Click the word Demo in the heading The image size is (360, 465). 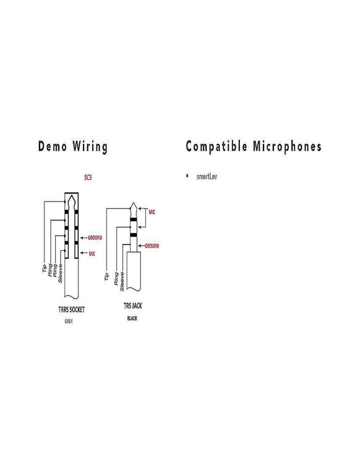pyautogui.click(x=52, y=146)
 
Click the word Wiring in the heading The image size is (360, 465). pyautogui.click(x=90, y=146)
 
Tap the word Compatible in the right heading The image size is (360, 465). pyautogui.click(x=216, y=146)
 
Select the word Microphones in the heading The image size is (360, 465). pyautogui.click(x=287, y=146)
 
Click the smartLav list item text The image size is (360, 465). pyautogui.click(x=207, y=177)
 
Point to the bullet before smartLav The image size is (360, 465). pyautogui.click(x=187, y=176)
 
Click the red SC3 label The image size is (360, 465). pyautogui.click(x=88, y=178)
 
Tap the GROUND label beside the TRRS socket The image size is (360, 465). pyautogui.click(x=95, y=238)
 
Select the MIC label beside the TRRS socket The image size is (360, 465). pyautogui.click(x=92, y=253)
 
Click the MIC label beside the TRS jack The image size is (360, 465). pyautogui.click(x=152, y=212)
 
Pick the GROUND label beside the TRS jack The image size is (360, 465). pyautogui.click(x=152, y=246)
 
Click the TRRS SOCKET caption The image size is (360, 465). pyautogui.click(x=71, y=309)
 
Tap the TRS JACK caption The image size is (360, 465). pyautogui.click(x=133, y=306)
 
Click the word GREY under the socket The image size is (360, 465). pyautogui.click(x=69, y=321)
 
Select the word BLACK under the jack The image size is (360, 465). pyautogui.click(x=132, y=318)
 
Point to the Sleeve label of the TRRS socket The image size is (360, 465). pyautogui.click(x=61, y=273)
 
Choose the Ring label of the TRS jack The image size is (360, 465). pyautogui.click(x=116, y=279)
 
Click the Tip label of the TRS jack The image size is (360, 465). pyautogui.click(x=106, y=277)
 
